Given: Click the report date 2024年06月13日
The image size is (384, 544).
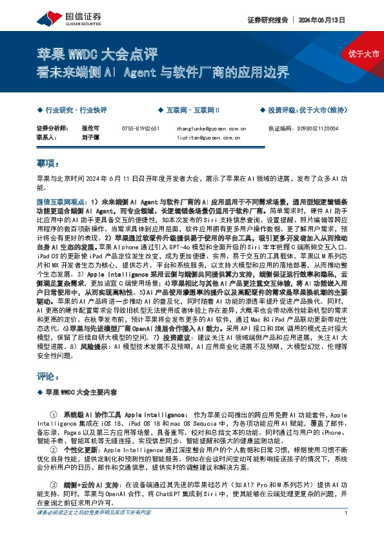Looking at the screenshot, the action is click(321, 20).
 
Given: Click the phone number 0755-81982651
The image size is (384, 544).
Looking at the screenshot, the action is click(140, 129).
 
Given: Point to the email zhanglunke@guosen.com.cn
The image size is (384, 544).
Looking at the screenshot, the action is click(211, 129).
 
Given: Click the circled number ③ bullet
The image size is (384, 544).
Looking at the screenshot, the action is click(53, 484).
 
